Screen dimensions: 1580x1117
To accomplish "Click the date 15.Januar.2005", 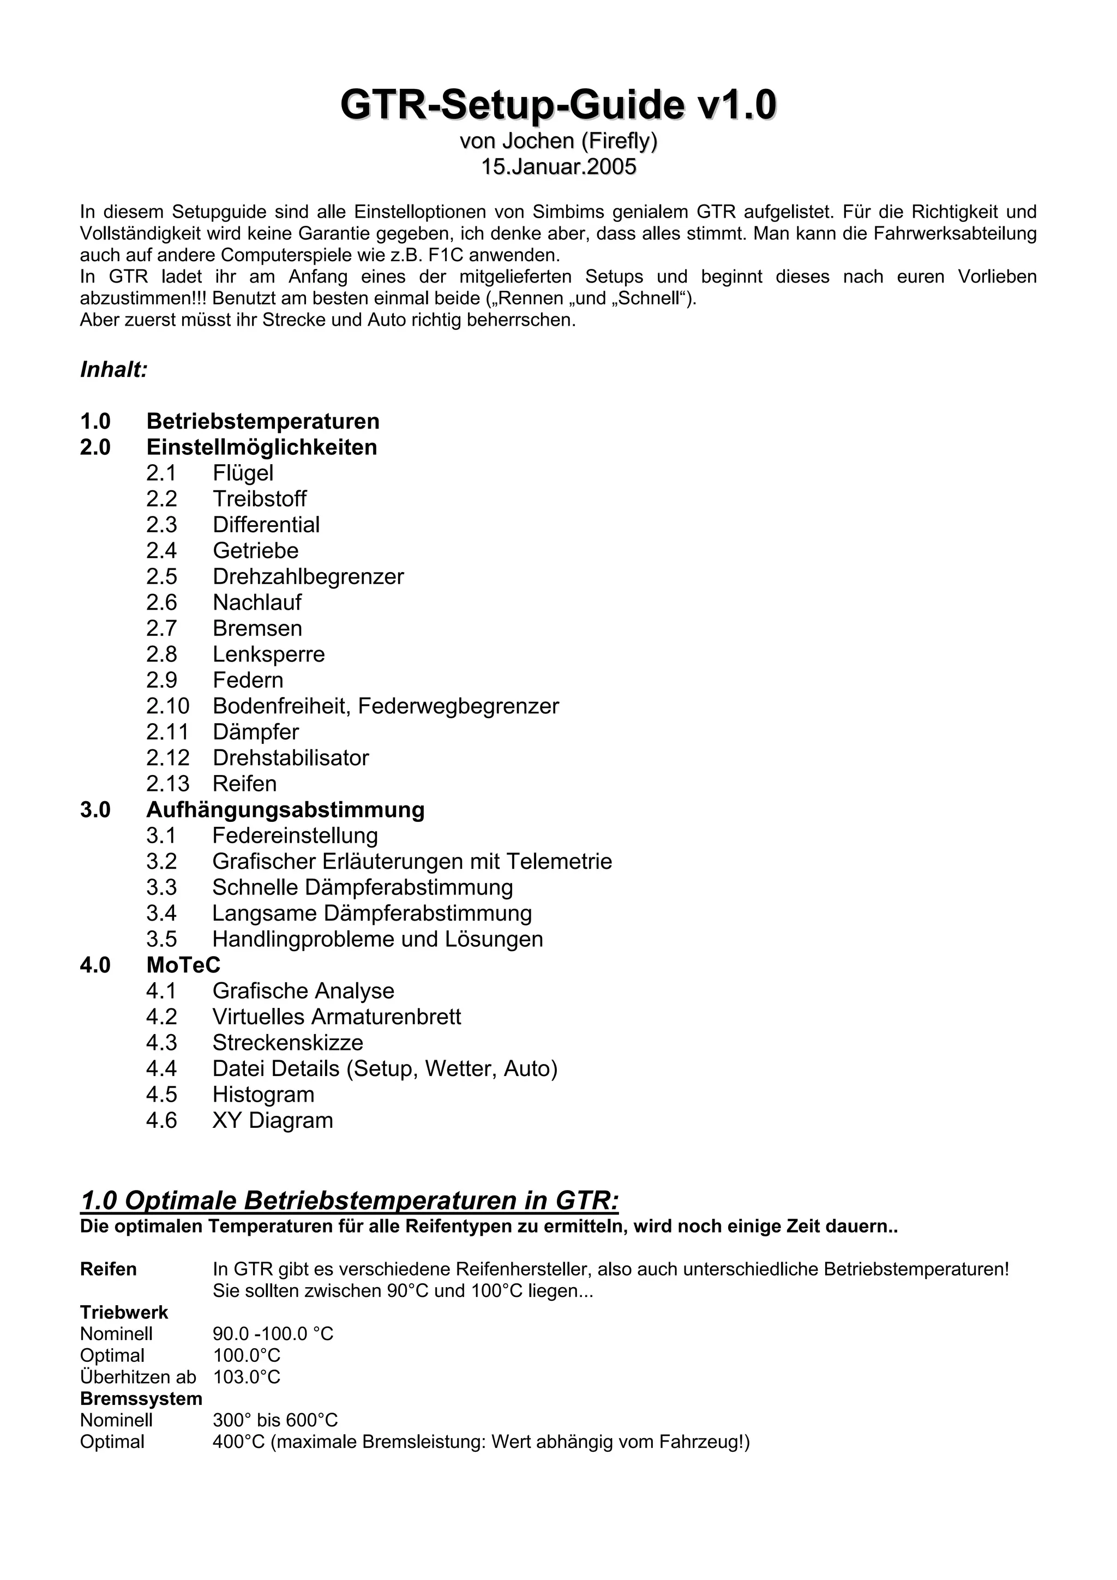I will point(558,167).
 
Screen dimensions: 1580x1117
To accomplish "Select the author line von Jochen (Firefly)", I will point(558,141).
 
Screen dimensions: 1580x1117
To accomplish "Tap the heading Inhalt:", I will point(114,370).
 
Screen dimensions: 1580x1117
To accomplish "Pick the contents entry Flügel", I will point(243,473).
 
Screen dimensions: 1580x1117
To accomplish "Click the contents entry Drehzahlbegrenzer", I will point(308,576).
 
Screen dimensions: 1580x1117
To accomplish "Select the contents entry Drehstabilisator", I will point(291,758).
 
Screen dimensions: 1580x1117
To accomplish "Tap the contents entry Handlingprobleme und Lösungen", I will point(377,939).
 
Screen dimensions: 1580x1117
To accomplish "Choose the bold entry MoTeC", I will point(183,965).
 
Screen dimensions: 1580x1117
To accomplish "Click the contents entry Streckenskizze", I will point(287,1043).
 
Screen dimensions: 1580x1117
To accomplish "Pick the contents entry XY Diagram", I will point(273,1120).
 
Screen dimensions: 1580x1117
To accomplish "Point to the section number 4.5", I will point(161,1094).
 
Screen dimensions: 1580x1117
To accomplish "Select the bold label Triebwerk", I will point(124,1312).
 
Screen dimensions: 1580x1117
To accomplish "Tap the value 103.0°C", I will point(247,1377).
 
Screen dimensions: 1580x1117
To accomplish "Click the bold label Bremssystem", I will point(141,1398).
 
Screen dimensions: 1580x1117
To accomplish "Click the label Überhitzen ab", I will point(137,1377).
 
